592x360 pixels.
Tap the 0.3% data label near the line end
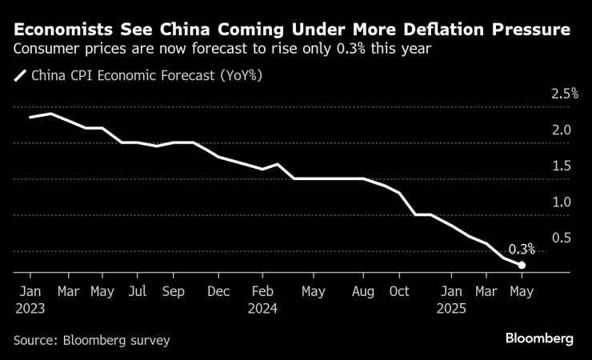point(522,250)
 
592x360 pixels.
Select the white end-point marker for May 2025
point(522,266)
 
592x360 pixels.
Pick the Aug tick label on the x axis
point(363,290)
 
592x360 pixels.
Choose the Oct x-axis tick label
point(400,290)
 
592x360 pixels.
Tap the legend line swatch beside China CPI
point(20,77)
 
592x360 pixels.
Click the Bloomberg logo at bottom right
point(539,339)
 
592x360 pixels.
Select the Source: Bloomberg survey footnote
point(92,340)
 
